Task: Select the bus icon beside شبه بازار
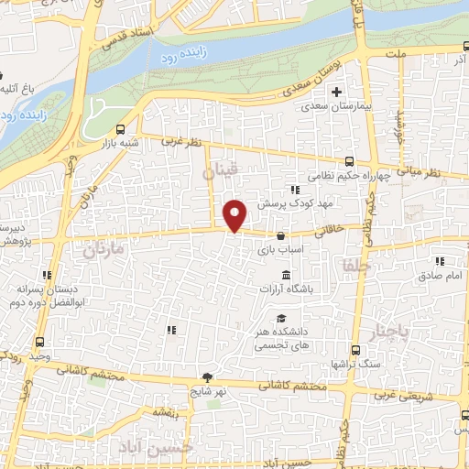tap(123, 129)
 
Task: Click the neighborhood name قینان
tap(221, 170)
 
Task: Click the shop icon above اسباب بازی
tap(279, 235)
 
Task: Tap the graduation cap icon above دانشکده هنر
tap(279, 318)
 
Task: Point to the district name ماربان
tap(102, 248)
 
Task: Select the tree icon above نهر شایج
tap(209, 377)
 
